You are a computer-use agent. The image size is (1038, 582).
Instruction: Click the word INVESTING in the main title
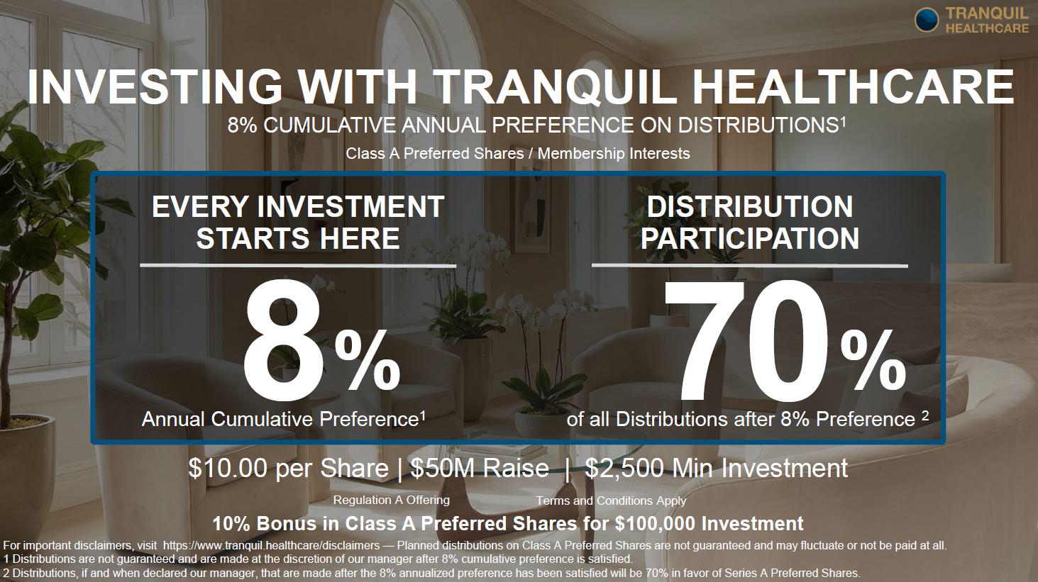(x=155, y=87)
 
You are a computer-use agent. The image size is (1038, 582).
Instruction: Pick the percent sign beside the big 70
(x=874, y=359)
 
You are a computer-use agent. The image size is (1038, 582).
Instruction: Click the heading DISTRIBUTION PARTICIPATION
(x=750, y=223)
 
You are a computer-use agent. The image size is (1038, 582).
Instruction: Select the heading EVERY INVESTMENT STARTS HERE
(x=298, y=223)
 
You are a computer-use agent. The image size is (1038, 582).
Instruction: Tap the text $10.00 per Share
(x=288, y=468)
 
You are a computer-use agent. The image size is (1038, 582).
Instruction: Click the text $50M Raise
(x=480, y=468)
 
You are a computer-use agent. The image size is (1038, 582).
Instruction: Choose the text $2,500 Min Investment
(x=717, y=468)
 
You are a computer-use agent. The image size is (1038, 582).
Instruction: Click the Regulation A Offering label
(x=392, y=500)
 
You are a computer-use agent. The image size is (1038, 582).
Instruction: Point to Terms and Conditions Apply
(x=611, y=500)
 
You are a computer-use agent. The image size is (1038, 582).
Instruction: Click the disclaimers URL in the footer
(x=272, y=545)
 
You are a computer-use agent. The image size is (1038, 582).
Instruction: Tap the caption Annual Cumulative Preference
(x=280, y=419)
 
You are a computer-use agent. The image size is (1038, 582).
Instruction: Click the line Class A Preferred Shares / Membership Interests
(x=518, y=153)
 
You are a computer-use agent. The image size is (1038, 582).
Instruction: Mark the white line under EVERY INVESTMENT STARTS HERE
(x=298, y=266)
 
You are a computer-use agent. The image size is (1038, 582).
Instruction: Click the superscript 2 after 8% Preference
(x=925, y=415)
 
